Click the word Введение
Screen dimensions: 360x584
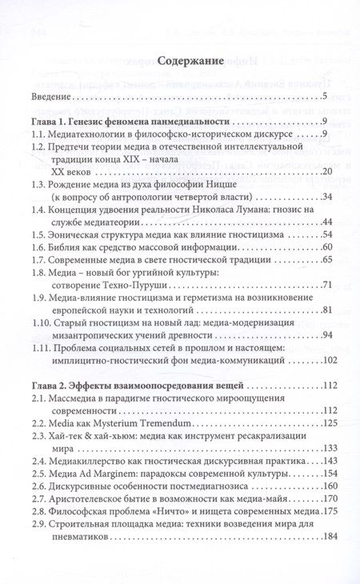(52, 98)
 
